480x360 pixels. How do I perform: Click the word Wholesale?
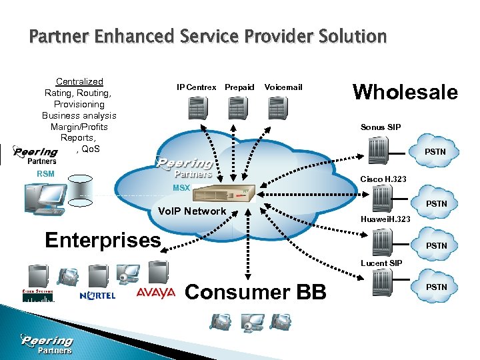[x=405, y=91]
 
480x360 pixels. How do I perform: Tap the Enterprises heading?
[x=103, y=239]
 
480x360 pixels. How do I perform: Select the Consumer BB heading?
[x=255, y=291]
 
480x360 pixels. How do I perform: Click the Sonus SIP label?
[x=381, y=127]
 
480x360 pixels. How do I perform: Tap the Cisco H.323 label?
[x=383, y=179]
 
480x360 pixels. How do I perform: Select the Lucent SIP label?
[x=382, y=263]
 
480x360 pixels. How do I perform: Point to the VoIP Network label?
[x=191, y=211]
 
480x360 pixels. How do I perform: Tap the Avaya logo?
[x=155, y=293]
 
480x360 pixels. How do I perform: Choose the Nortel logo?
[x=97, y=295]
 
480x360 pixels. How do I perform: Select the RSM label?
[x=45, y=175]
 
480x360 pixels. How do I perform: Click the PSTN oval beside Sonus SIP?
[x=435, y=152]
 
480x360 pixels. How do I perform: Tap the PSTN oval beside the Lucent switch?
[x=436, y=287]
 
